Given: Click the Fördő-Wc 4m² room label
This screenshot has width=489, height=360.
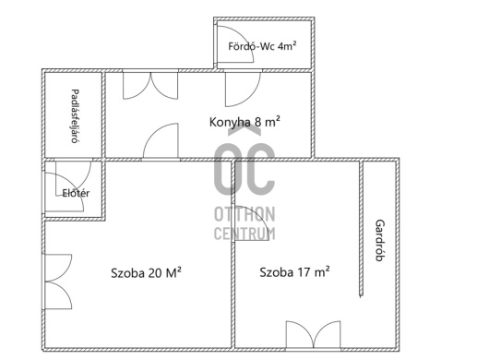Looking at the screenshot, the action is coord(262,46).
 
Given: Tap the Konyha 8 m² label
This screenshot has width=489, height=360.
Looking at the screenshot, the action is coord(244,122).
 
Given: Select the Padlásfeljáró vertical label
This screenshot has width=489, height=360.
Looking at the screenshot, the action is coord(75,116).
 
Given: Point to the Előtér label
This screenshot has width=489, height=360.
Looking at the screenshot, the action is coord(76,193).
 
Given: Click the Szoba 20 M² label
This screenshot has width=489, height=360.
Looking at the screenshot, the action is coord(146,273).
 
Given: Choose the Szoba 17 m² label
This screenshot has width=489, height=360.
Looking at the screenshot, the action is coord(294,272).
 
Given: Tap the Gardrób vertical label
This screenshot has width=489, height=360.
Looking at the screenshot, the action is coord(380,240).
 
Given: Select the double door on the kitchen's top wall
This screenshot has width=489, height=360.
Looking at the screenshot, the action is coord(150,86).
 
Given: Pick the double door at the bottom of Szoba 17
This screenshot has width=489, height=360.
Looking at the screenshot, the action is coord(313,334).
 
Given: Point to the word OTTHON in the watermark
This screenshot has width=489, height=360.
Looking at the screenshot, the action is coord(244,214).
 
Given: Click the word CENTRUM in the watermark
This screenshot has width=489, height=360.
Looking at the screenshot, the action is coord(244,234).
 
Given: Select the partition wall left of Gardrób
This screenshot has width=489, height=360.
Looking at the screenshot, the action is coord(361,228).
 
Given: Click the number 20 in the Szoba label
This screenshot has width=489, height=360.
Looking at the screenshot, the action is coord(155,273).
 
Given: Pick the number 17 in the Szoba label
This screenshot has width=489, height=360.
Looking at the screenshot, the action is coord(304,272).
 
